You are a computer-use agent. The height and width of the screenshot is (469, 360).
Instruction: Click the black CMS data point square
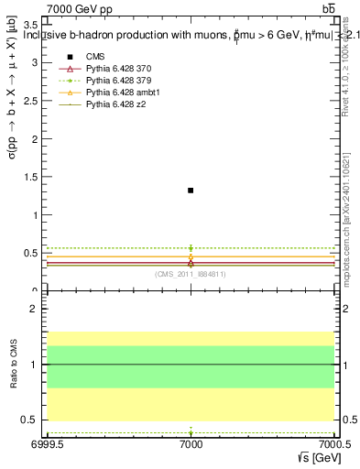point(191,190)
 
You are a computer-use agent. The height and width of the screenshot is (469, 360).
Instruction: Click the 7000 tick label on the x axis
point(191,446)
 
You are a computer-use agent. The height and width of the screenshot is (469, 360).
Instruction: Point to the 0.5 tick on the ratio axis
point(32,420)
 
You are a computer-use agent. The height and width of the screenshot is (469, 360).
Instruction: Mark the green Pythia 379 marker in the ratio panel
point(191,431)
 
